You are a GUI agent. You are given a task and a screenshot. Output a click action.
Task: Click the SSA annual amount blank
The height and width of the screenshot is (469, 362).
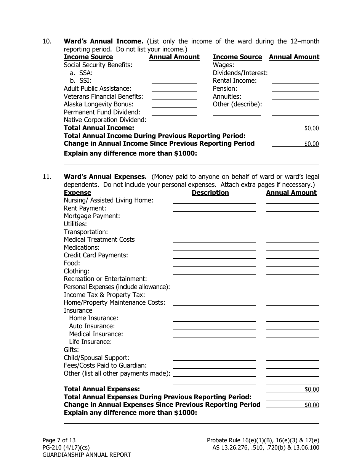coord(174,73)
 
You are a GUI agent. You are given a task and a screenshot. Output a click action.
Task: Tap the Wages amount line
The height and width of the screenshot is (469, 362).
coord(295,65)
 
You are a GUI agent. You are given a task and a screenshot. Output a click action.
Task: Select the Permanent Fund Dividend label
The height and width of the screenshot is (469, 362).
coord(102,112)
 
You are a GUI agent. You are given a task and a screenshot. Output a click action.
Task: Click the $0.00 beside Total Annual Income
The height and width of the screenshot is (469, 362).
coord(311,128)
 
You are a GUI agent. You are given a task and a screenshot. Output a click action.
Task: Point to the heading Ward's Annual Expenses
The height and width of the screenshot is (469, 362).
coord(105,177)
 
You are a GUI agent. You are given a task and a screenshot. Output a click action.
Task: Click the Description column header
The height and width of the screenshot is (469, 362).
coord(210,193)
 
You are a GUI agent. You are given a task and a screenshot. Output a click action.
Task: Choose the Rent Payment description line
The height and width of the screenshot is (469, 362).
coord(214,209)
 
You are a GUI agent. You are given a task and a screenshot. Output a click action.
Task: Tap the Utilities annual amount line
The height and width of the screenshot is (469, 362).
coord(292,224)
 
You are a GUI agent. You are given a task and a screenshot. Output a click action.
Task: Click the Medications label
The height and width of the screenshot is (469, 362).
coord(82,247)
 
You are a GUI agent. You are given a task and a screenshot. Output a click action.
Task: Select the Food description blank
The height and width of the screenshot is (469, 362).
coord(214,263)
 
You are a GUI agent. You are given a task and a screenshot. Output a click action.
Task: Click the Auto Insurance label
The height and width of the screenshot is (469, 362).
coord(91,326)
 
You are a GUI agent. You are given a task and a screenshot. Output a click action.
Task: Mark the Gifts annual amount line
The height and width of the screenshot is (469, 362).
coord(292,350)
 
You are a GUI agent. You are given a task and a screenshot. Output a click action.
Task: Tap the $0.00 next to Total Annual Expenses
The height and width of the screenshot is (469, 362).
coord(311,390)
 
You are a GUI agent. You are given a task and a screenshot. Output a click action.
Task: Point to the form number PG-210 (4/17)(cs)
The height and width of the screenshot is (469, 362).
coord(66,448)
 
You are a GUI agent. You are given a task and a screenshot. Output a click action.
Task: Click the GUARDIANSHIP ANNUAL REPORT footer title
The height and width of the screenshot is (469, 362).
coord(86,455)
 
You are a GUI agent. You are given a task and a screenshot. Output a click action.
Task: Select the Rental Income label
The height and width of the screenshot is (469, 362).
coord(235,81)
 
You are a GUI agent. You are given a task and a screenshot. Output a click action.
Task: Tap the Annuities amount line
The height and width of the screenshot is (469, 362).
coord(295,97)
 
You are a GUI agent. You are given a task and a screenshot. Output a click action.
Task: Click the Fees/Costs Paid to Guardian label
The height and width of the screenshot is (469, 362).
coord(105,365)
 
